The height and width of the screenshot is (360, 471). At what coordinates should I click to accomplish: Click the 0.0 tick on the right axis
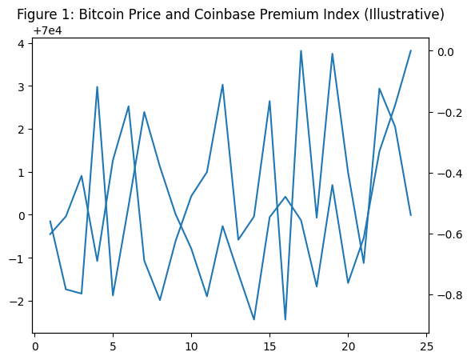pos(445,52)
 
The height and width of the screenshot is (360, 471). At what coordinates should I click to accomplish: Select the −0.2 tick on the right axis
pos(449,113)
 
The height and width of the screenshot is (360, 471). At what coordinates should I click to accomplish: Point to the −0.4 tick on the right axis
pos(449,174)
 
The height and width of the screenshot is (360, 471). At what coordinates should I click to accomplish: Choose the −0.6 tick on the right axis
pos(449,234)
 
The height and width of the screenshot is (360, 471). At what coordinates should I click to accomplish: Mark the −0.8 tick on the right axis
pos(449,295)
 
